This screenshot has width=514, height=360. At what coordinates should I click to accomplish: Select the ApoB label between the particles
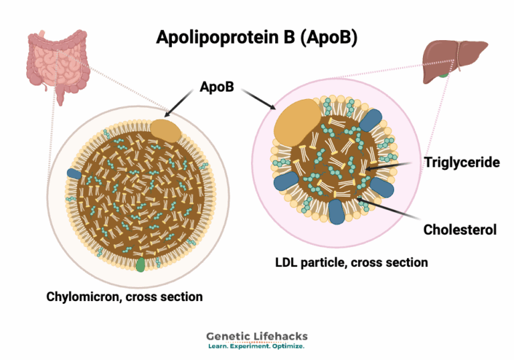tap(217, 88)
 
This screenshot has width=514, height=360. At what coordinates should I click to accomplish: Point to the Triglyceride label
tap(461, 163)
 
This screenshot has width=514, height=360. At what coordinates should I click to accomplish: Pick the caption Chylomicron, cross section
tap(124, 295)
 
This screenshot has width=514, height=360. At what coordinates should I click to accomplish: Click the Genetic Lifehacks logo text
tap(257, 337)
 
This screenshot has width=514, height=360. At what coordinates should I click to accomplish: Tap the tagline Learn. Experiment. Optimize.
tap(257, 347)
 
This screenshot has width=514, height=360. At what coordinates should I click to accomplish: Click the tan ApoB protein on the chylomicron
tap(165, 130)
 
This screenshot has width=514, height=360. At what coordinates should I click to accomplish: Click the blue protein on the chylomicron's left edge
tap(74, 174)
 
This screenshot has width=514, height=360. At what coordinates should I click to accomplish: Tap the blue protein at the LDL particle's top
tap(369, 119)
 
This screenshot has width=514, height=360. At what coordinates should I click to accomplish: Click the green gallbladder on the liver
tap(443, 72)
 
